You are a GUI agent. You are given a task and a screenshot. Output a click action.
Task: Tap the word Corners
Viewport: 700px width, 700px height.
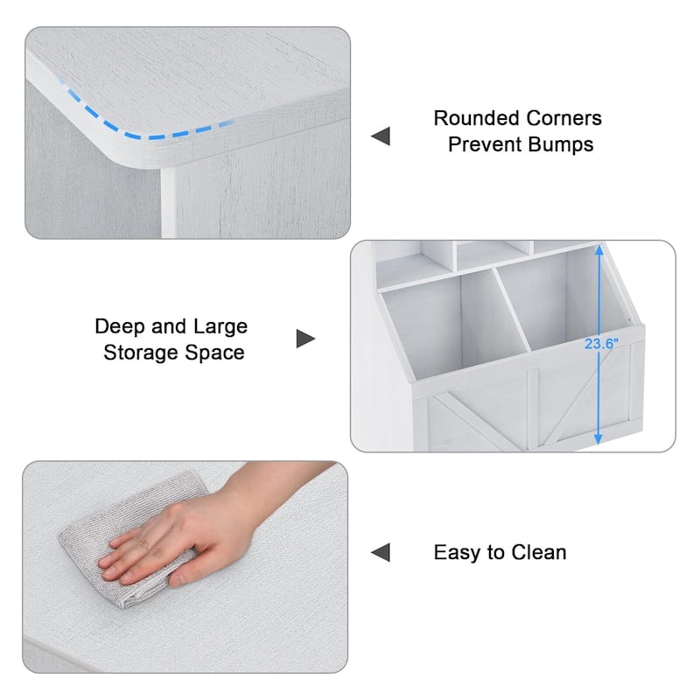563,118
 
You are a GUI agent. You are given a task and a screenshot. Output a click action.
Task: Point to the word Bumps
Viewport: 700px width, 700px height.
562,145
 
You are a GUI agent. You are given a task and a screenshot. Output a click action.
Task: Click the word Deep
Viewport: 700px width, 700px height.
120,326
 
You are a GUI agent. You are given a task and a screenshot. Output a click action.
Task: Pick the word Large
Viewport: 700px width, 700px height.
220,327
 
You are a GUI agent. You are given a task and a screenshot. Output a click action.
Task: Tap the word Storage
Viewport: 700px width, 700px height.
141,353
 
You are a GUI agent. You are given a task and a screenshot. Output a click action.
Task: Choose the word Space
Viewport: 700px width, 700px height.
214,353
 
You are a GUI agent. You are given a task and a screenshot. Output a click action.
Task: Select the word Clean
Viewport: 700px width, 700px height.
539,552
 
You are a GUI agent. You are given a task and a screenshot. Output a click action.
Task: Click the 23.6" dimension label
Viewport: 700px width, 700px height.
601,344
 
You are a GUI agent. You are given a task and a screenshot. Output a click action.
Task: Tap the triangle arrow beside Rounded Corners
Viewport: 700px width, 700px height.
381,136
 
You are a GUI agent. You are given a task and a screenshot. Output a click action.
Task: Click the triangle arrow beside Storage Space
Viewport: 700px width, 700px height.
305,339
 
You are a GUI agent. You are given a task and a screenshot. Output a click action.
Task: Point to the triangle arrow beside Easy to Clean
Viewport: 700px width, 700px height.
381,552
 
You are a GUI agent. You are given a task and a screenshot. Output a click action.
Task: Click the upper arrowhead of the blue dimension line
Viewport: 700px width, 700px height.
599,250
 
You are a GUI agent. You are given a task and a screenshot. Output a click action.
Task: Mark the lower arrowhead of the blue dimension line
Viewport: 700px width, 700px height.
598,439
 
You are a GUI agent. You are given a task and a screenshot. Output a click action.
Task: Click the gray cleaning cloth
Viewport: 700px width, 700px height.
129,535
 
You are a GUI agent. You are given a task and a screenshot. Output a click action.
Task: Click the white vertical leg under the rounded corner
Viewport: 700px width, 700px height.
169,203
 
